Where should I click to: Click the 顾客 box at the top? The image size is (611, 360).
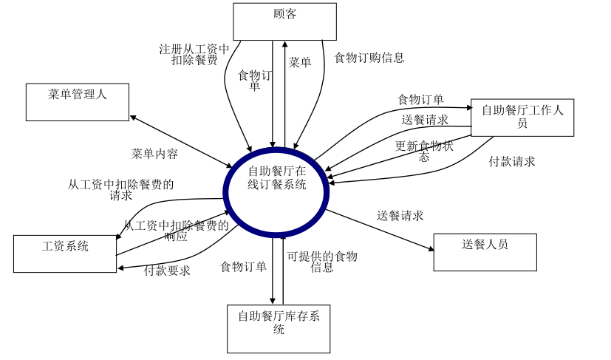(284, 21)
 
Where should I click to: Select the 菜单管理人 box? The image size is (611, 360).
(78, 102)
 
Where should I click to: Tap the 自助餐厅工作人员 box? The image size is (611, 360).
(522, 117)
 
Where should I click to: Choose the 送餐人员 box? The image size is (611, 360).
(485, 252)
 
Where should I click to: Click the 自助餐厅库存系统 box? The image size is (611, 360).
(279, 328)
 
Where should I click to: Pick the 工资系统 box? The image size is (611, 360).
(65, 254)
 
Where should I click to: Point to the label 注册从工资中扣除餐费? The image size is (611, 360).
(194, 55)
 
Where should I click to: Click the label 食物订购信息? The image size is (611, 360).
(369, 58)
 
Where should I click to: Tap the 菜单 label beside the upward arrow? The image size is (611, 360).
(300, 63)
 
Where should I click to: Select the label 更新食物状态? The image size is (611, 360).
(424, 151)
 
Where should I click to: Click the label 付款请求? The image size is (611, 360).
(512, 161)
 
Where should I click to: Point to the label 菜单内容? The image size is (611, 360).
(154, 154)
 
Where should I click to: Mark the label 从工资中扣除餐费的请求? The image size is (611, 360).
(121, 190)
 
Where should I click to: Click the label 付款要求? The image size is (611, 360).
(167, 271)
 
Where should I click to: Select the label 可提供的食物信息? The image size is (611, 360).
(322, 262)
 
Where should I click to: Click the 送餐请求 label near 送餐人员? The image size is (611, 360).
(400, 216)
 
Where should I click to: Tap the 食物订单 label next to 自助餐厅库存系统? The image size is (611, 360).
(243, 267)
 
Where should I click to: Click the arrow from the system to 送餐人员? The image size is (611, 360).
(380, 230)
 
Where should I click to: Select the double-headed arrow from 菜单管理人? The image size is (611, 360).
(181, 141)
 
